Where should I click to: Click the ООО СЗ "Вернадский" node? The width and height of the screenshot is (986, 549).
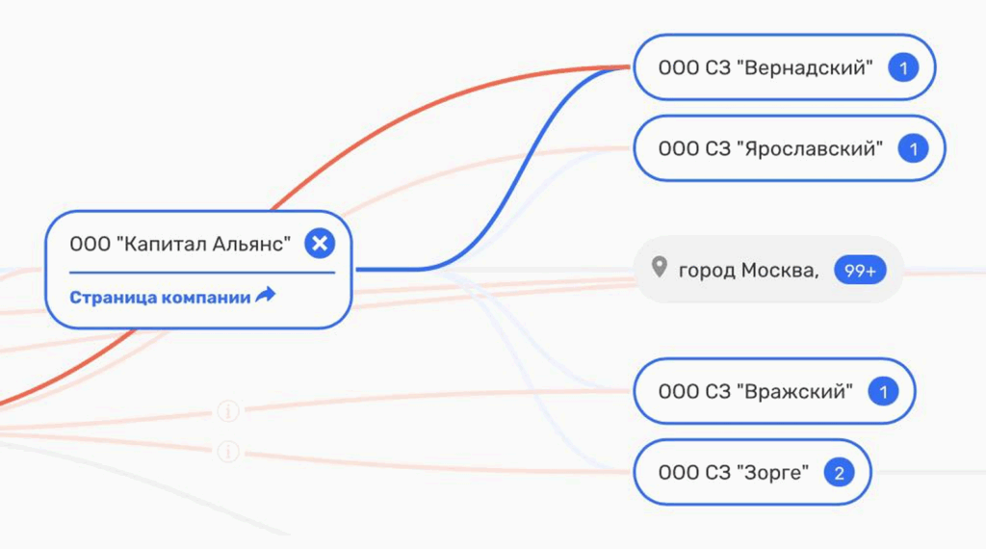tap(765, 67)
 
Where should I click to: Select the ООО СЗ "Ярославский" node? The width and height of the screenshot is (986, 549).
tap(769, 148)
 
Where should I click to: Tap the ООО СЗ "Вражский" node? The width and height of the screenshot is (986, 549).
tap(755, 391)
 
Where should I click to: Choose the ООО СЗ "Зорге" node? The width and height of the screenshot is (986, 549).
tap(732, 473)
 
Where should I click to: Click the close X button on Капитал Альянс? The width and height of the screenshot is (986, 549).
tap(320, 244)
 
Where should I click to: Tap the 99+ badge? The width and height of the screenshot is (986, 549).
tap(859, 271)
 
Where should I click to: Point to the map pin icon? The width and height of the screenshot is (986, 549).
tap(659, 268)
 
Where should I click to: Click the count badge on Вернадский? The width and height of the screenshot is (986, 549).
tap(903, 67)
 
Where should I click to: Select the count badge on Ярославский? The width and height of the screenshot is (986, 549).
tap(913, 148)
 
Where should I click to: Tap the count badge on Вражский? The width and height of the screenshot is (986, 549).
tap(883, 391)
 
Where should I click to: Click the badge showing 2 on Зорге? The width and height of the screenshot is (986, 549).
tap(840, 473)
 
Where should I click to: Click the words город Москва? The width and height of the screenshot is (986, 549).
tap(748, 271)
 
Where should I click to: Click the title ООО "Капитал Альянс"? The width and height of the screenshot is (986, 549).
tap(180, 244)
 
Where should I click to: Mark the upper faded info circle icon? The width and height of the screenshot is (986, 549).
tap(228, 412)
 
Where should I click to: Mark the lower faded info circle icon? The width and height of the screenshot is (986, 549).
tap(228, 450)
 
